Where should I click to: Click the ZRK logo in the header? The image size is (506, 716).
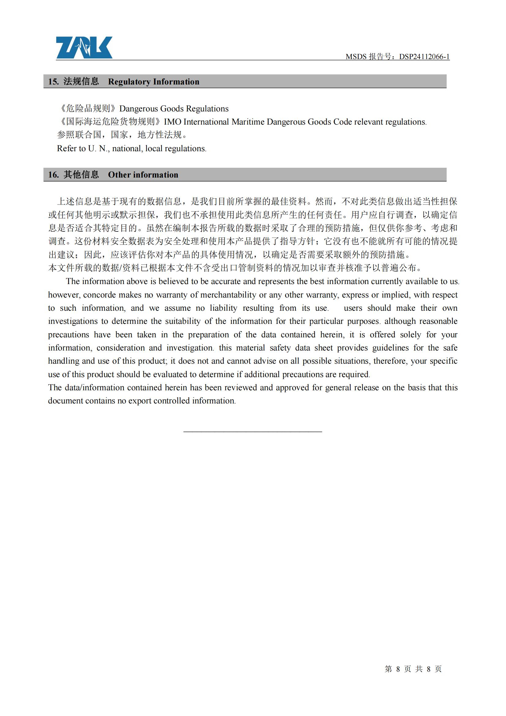[84, 47]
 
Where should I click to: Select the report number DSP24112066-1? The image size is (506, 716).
[424, 56]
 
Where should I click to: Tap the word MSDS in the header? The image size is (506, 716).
[356, 56]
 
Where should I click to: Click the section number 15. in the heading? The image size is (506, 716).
[53, 81]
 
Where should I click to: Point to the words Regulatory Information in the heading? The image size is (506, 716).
[154, 81]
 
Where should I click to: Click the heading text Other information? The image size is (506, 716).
[143, 174]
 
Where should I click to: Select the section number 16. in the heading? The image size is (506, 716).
[53, 174]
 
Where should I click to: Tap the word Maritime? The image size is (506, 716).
[248, 122]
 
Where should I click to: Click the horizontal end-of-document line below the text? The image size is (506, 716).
[253, 432]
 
